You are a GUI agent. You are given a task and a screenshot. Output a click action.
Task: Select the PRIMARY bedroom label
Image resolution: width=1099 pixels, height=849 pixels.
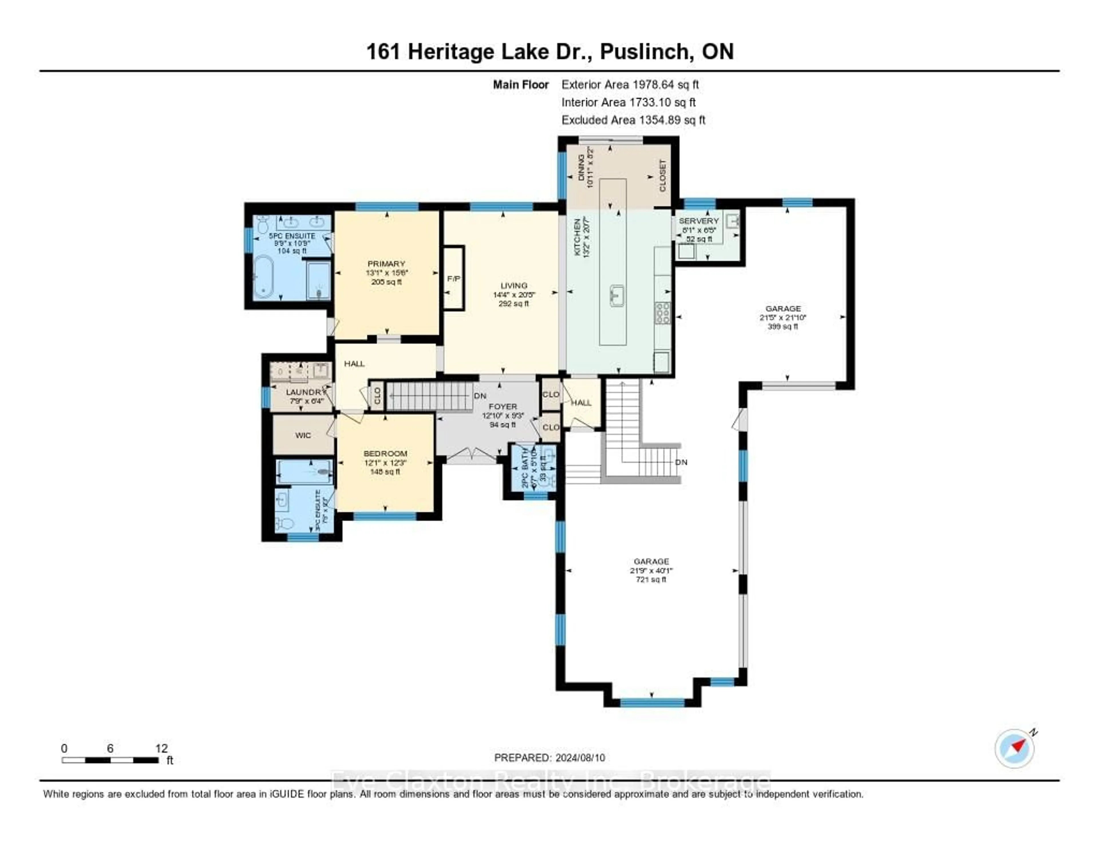pos(386,264)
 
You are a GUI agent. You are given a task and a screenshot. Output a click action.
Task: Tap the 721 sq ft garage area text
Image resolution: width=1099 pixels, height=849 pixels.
pos(651,580)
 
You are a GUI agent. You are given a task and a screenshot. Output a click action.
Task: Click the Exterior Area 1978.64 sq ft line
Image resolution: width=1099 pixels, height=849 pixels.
pos(630,84)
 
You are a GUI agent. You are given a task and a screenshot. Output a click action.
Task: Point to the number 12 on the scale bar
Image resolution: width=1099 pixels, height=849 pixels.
pos(161,748)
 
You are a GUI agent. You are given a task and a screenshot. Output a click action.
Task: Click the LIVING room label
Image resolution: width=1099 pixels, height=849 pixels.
pos(514,285)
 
